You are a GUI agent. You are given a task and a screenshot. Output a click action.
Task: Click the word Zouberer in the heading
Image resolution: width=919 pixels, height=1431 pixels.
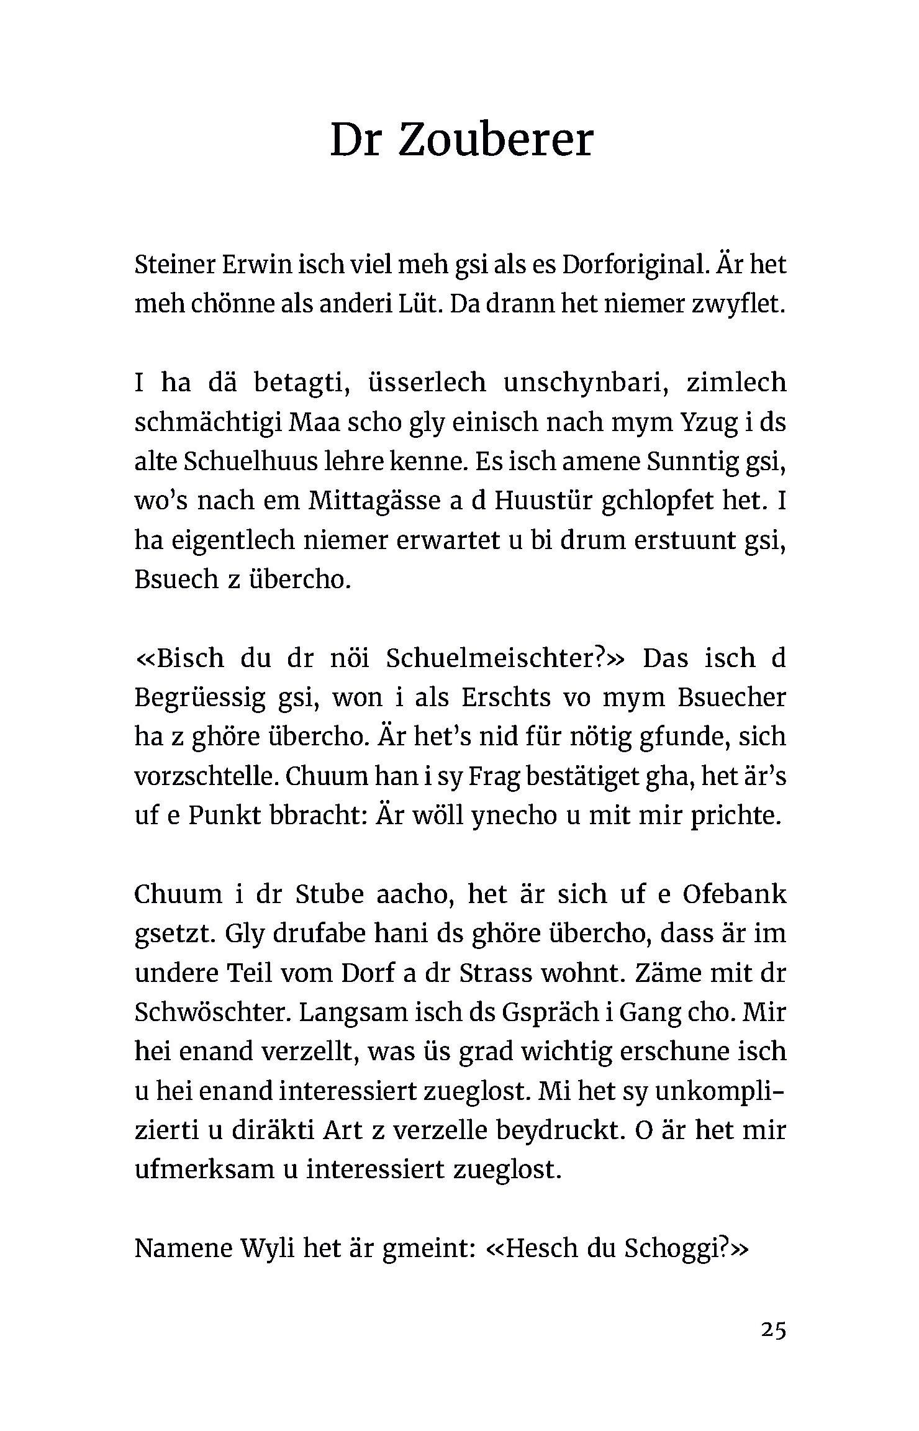click(x=495, y=140)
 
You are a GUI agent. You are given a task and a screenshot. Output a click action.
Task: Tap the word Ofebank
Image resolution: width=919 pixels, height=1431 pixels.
click(x=734, y=894)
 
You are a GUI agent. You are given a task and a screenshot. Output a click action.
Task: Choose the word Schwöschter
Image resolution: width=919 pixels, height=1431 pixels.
click(x=212, y=1012)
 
